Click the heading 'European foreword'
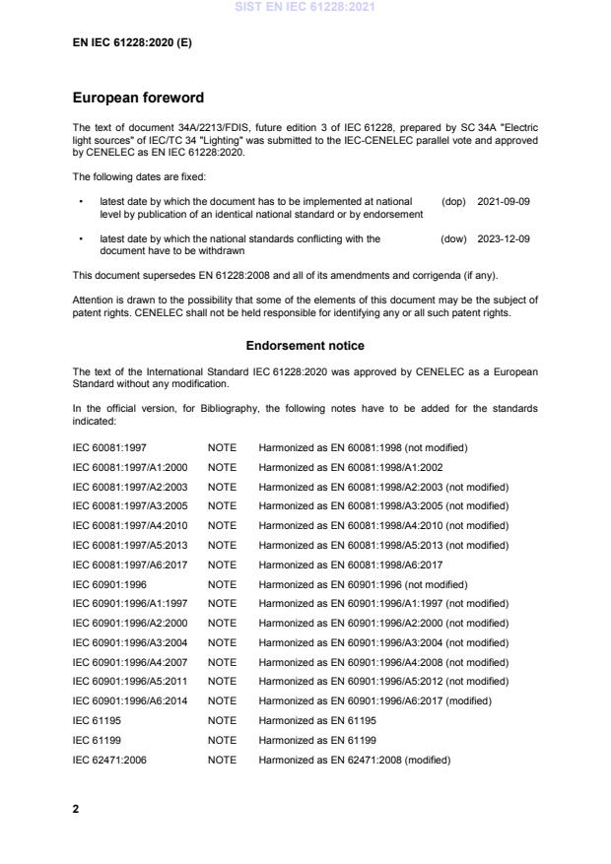138,99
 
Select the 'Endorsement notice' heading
305,346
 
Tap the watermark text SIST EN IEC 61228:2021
305,8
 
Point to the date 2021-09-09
504,201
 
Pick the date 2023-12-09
504,238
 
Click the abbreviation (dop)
453,201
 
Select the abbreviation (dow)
453,238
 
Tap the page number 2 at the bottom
77,809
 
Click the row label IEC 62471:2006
109,760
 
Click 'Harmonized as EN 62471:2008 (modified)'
354,760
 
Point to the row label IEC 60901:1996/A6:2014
130,700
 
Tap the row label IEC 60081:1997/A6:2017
130,565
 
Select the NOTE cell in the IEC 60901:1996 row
222,584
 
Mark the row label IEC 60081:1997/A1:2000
130,467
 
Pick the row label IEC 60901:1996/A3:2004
130,642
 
